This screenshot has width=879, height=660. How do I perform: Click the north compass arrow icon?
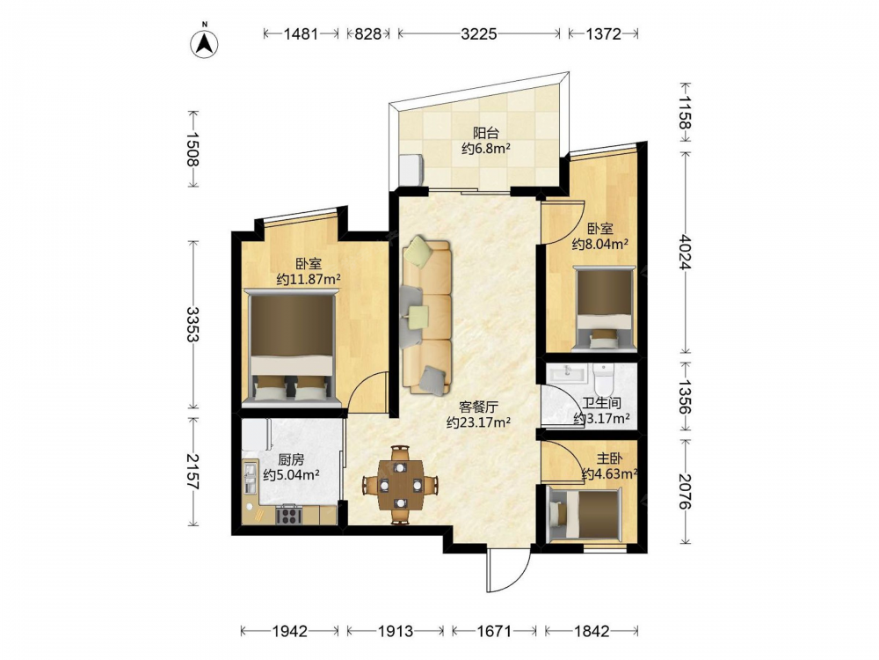pos(204,42)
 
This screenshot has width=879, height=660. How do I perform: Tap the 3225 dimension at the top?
pos(479,34)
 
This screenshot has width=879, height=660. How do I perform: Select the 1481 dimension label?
pos(301,34)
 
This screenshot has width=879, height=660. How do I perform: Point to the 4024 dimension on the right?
pos(685,252)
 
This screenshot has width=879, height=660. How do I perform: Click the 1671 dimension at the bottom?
pos(494,631)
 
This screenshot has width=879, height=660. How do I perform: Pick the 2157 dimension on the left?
pos(193,472)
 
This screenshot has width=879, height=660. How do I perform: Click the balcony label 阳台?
pos(485,133)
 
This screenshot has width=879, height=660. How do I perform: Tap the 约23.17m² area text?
pos(478,422)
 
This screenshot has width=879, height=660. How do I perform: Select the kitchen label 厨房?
pos(291,459)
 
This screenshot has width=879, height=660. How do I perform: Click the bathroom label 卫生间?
pos(601,404)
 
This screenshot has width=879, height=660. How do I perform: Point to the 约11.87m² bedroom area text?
pos(309,279)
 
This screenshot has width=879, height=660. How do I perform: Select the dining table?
pos(400,485)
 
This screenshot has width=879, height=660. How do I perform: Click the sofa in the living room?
pos(427,317)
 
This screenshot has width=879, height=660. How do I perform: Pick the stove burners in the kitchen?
pos(287,515)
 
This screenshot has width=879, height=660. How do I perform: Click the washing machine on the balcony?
pos(412,169)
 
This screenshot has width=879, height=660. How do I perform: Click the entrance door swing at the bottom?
pos(508,570)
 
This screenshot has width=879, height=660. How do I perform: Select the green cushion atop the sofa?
pos(418,250)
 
